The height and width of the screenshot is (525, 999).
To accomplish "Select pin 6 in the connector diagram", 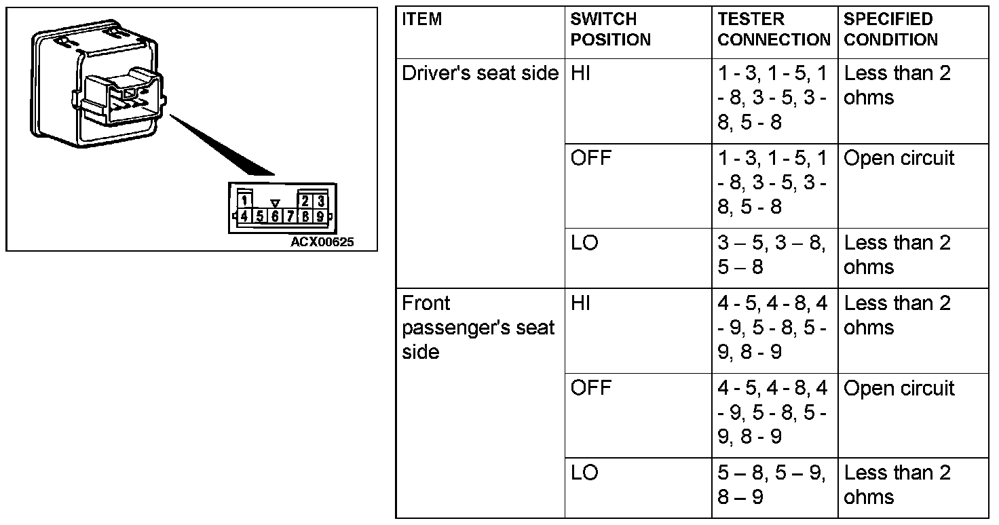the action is tap(275, 217).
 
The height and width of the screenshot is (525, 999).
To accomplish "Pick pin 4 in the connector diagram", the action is tap(244, 217).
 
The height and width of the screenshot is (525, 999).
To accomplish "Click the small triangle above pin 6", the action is tap(275, 203).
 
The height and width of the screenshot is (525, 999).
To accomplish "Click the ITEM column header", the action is tap(421, 19).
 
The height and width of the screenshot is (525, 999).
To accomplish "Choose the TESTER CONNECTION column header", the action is tap(774, 29).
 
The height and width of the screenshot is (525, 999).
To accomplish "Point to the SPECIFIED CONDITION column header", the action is tap(890, 29).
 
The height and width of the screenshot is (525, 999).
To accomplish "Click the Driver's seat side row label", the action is tap(480, 73).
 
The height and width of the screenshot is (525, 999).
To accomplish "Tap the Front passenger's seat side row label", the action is tap(478, 327).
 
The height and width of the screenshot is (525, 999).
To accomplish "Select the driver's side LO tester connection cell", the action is tap(772, 254).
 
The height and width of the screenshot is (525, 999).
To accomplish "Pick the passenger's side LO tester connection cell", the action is tap(772, 484).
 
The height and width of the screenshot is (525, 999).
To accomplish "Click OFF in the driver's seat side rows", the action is tap(590, 158).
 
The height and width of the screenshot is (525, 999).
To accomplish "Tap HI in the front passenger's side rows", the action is tap(581, 303).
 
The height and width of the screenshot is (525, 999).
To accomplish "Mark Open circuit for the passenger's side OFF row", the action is tap(899, 389).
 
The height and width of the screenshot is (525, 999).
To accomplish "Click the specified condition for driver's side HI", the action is tap(897, 85).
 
